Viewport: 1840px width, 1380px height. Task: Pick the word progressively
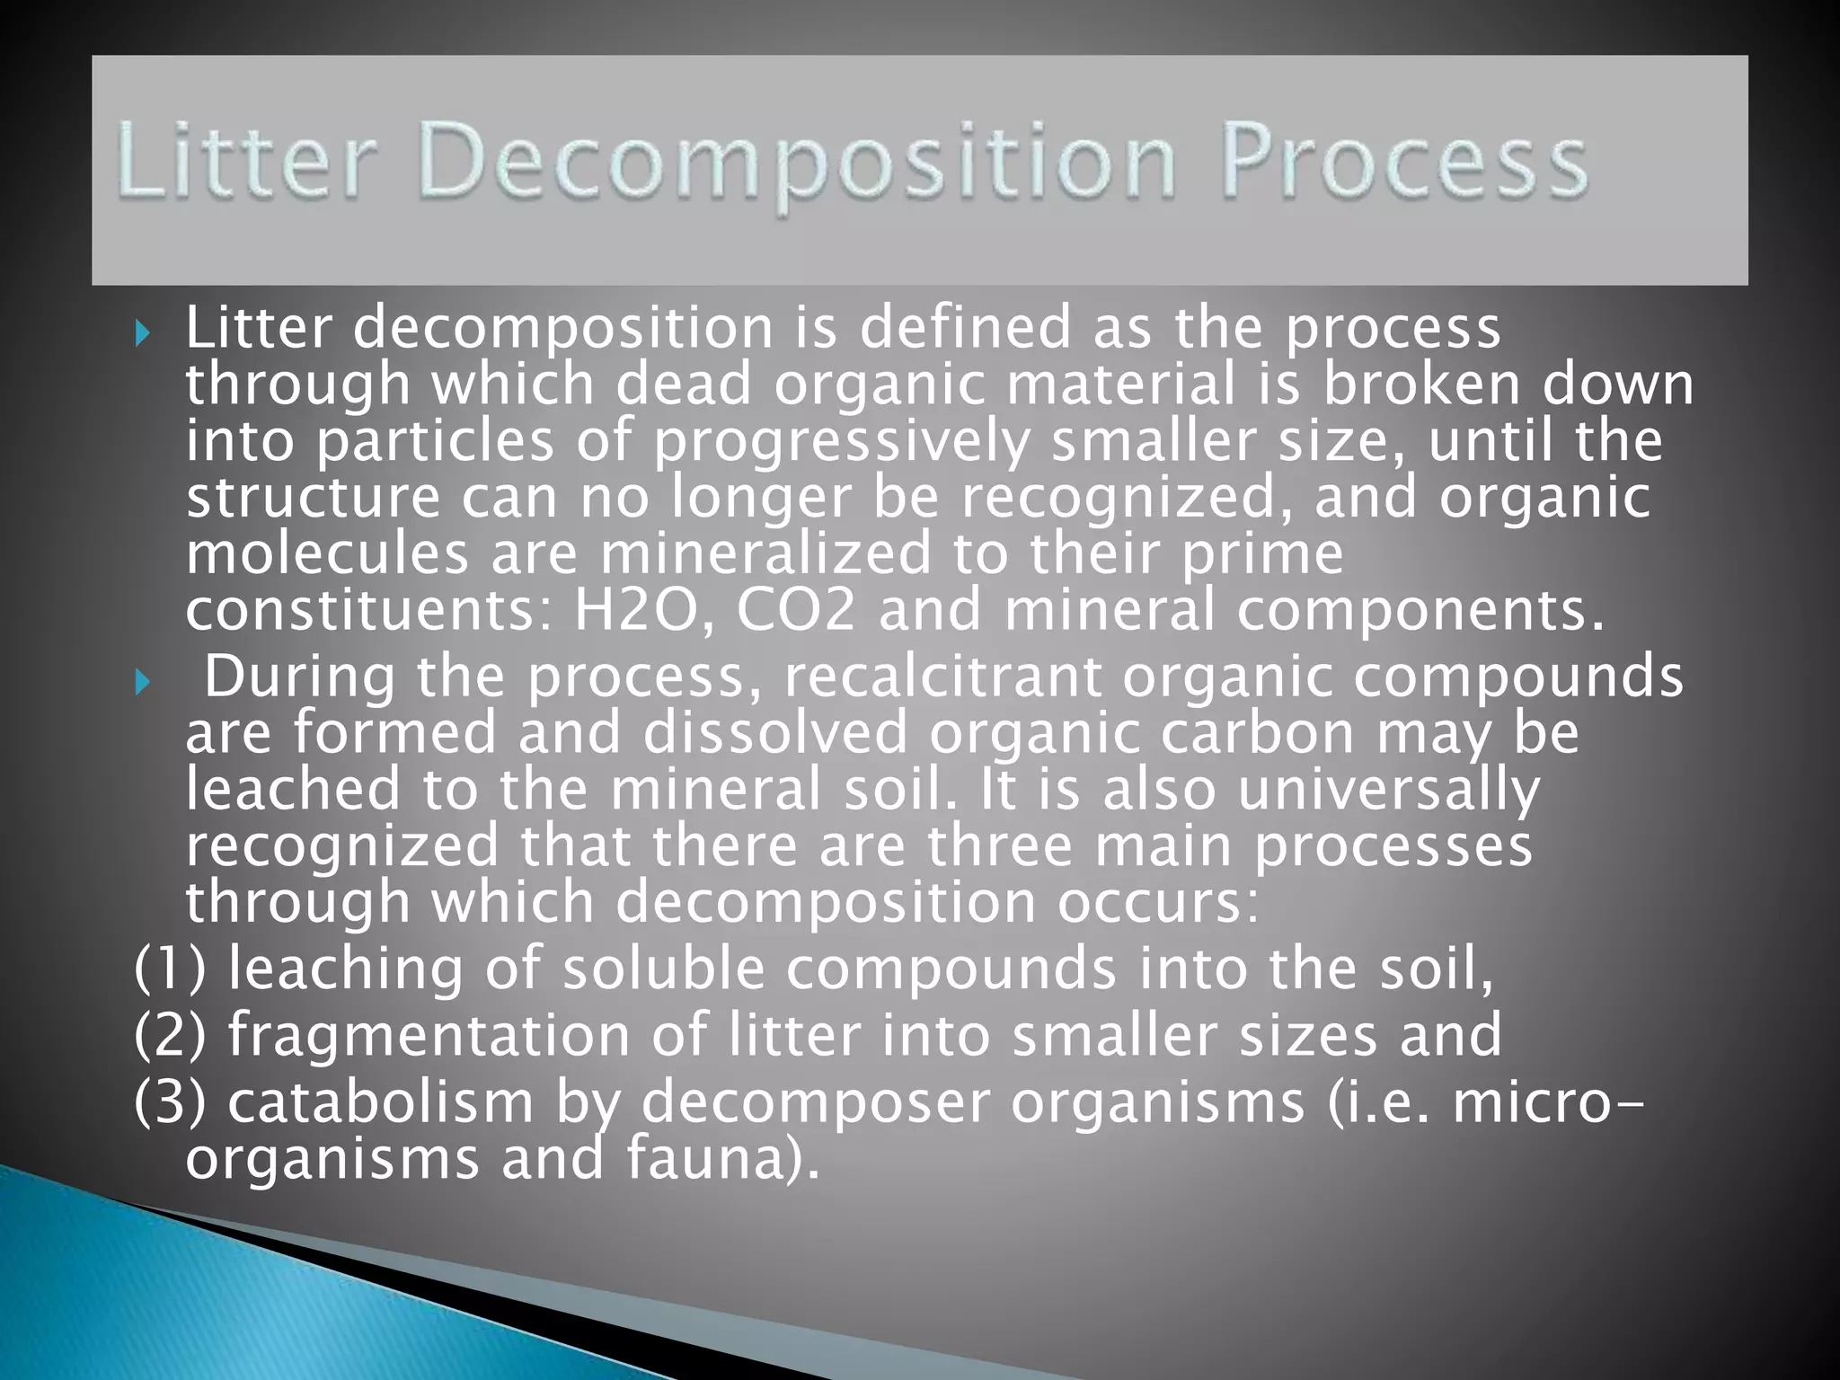click(841, 443)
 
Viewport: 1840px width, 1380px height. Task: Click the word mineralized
click(765, 553)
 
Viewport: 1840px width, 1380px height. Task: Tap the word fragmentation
click(429, 1035)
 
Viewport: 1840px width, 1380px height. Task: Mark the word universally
click(1388, 790)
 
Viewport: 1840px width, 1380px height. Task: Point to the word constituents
click(373, 609)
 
